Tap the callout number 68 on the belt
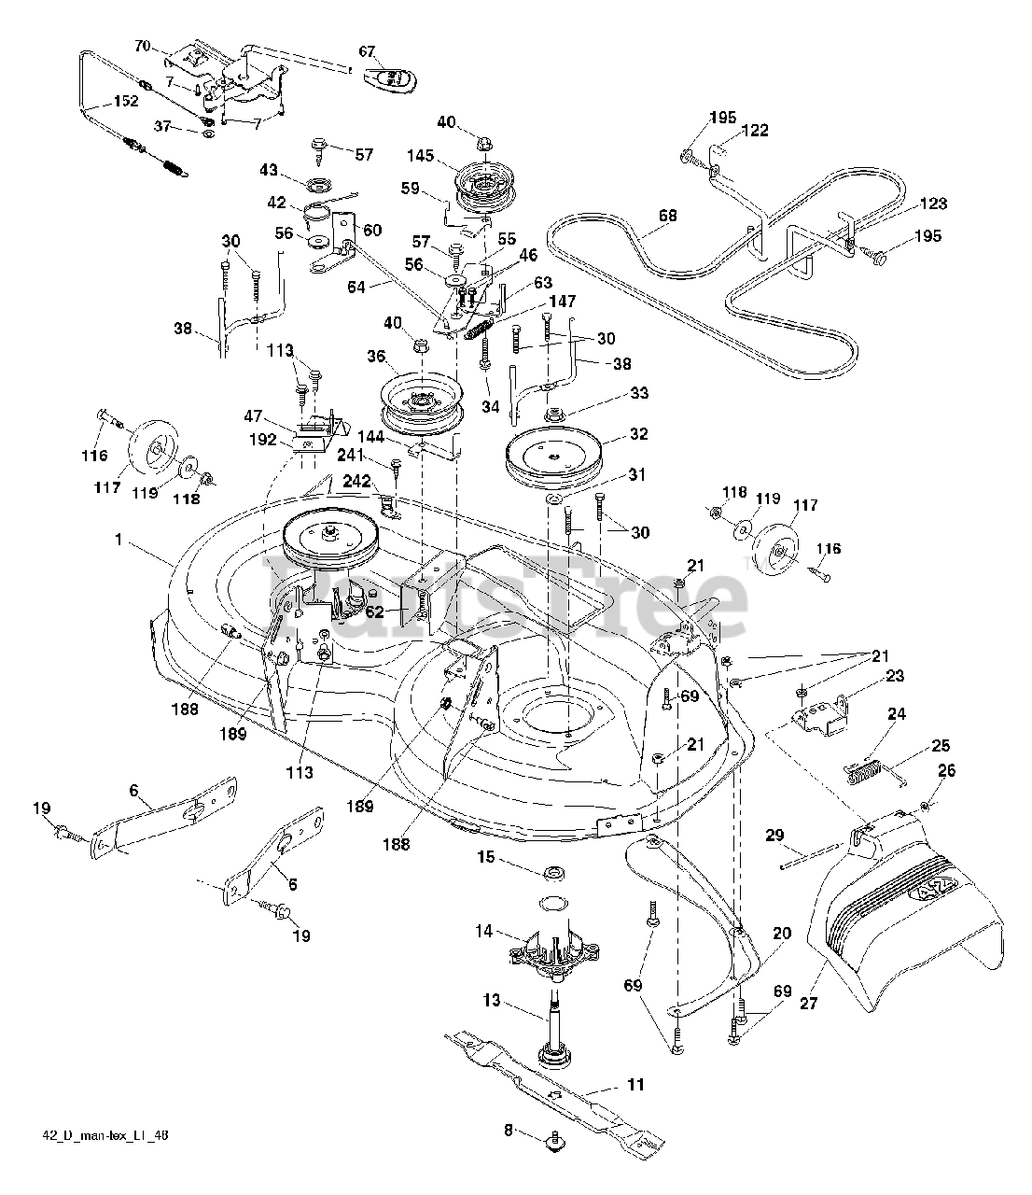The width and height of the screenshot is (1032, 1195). click(x=667, y=216)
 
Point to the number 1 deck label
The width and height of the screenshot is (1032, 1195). click(x=119, y=540)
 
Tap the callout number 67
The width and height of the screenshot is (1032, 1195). click(x=366, y=51)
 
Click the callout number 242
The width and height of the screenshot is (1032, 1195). click(x=356, y=482)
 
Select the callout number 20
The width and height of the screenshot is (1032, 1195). click(x=782, y=934)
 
